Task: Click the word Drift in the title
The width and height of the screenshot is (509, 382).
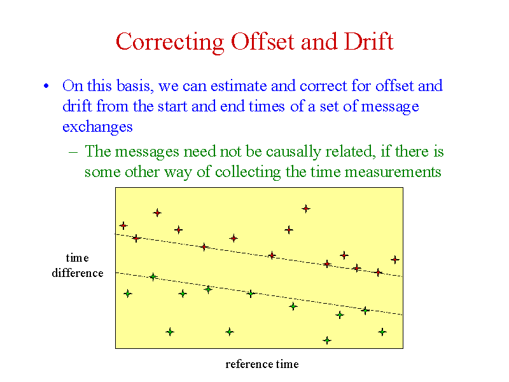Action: pos(368,41)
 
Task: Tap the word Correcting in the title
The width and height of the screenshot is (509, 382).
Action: pos(170,42)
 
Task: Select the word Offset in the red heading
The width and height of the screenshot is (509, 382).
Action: pos(263,41)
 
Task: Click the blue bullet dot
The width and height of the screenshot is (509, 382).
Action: pos(46,86)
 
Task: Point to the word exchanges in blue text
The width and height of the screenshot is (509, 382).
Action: pos(97,127)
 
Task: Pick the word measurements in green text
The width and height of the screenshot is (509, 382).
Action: pos(393,172)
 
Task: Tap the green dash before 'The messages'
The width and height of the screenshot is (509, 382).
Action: pos(73,152)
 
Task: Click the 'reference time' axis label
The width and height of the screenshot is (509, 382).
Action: pos(262,364)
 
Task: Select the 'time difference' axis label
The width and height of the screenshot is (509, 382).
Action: pos(78,265)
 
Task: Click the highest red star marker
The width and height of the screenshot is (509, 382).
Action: pos(306,209)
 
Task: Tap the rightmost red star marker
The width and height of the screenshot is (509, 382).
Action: pos(394,260)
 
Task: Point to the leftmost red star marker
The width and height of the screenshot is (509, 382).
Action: pos(123,225)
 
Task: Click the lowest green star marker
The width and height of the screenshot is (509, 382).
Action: pos(327,341)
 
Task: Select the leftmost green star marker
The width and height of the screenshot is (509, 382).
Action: pos(128,294)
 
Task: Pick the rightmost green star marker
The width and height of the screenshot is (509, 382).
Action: pos(382,332)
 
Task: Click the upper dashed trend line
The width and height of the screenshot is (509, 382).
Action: pos(259,255)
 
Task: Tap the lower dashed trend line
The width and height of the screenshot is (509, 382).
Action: pos(259,294)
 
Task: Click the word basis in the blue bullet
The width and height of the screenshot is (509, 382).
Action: pos(133,86)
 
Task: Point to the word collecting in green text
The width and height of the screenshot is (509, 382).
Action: pos(248,172)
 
